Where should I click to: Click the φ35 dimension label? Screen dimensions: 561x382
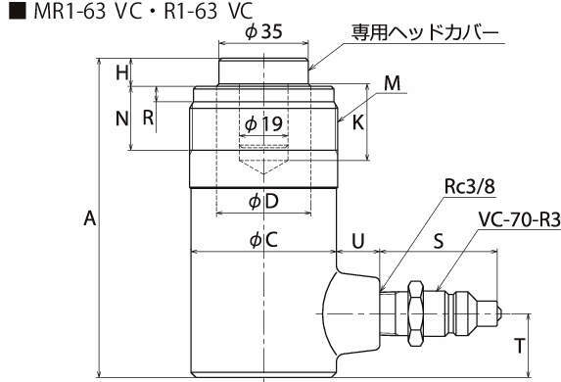[x=263, y=31]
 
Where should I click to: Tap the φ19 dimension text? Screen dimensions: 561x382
[x=263, y=123]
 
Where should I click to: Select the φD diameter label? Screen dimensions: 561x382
[x=263, y=202]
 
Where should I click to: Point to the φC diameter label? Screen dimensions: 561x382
[x=263, y=240]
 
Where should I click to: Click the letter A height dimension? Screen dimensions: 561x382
[x=90, y=218]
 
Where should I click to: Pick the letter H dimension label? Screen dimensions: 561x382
[x=122, y=73]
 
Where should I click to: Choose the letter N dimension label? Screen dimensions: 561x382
[x=122, y=119]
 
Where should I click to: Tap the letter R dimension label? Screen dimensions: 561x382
[x=148, y=118]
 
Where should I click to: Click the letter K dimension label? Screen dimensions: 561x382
[x=358, y=122]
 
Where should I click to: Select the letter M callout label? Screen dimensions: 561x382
[x=393, y=83]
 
